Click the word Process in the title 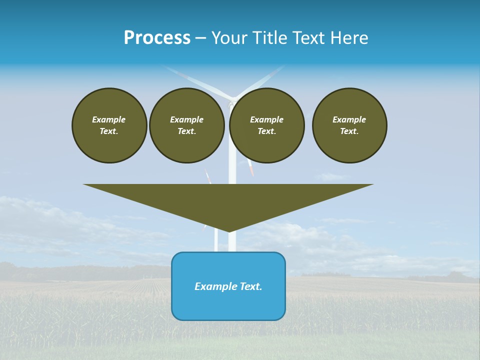[157, 38]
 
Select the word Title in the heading [270, 38]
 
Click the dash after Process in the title [200, 38]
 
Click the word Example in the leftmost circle [109, 119]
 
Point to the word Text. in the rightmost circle [349, 131]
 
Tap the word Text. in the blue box [251, 286]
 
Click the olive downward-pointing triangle [228, 200]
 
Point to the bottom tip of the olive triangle [228, 230]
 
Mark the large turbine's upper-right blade [260, 80]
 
